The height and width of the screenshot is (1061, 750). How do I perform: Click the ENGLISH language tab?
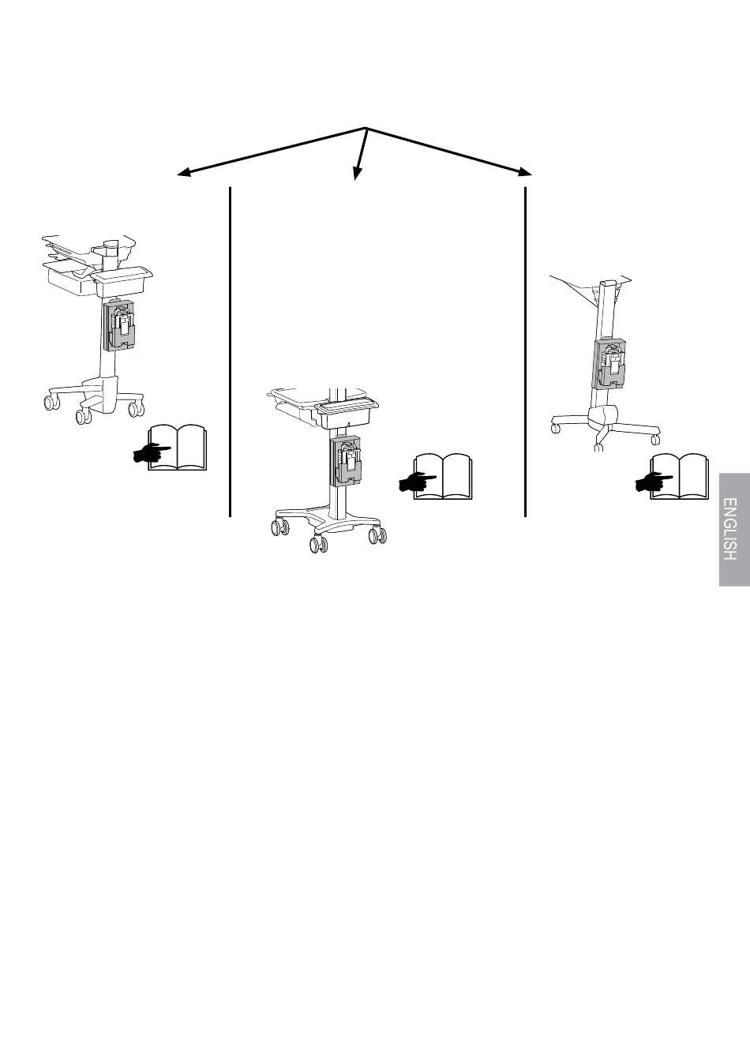(x=734, y=529)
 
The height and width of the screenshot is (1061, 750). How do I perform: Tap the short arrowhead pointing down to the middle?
(x=356, y=174)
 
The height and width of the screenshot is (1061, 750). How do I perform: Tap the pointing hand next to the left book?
(x=148, y=452)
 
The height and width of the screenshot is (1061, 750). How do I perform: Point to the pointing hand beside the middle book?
(x=413, y=481)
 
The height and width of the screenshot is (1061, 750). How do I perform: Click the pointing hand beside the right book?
(x=650, y=481)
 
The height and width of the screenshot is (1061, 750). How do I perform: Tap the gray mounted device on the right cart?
(x=609, y=364)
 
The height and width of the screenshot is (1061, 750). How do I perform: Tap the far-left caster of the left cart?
(x=51, y=403)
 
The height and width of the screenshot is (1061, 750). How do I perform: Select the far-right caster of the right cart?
(x=654, y=435)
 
